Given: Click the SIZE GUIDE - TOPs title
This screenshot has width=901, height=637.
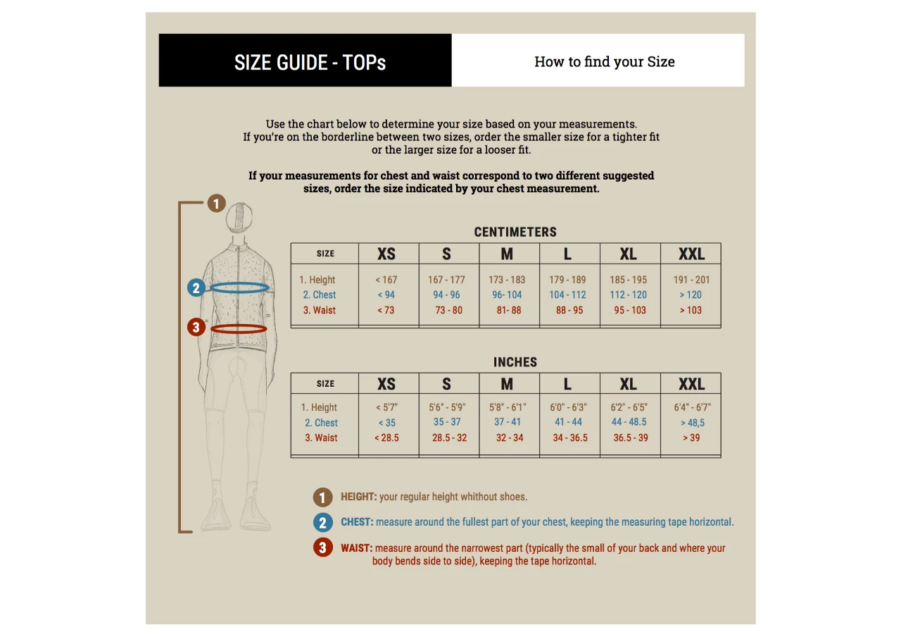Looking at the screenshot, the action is point(310,63).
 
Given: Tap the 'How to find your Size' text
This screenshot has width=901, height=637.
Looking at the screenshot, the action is point(605,61).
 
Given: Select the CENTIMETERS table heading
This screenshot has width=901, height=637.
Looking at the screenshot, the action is point(515,232).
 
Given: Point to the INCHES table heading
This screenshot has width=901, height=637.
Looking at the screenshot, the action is point(515,362).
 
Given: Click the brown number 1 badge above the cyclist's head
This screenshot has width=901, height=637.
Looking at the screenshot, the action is point(216,204).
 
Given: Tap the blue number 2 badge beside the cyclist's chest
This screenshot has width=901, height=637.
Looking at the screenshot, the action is point(196,288).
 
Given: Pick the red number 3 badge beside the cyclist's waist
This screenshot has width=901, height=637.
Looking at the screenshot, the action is point(196,327).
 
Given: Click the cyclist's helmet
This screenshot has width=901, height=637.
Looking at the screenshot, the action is point(239,218).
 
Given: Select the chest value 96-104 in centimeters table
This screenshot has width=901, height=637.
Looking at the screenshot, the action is point(507,295).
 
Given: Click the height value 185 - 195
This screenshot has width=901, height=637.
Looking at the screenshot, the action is point(629,280).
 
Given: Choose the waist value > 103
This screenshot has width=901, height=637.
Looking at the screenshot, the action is point(691,310).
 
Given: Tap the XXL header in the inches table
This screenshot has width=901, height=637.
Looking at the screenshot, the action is point(691,384).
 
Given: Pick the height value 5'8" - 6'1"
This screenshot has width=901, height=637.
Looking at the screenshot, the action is point(508,407).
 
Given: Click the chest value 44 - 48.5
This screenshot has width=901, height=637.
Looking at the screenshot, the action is point(629,421).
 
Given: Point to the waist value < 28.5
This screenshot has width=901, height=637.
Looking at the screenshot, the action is point(386,438).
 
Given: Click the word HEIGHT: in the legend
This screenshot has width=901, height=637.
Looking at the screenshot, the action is point(359,497).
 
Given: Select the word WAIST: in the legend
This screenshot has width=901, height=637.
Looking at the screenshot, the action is point(357,548).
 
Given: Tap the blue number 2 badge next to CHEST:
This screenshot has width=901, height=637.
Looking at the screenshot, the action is point(323,522).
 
